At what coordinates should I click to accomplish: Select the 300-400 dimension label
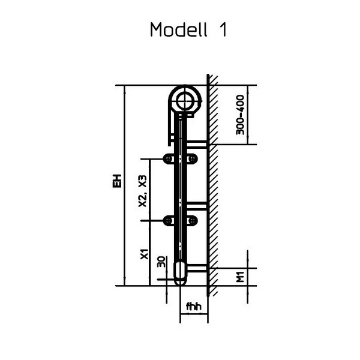click(x=239, y=114)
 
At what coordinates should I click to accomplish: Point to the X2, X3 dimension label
click(x=143, y=191)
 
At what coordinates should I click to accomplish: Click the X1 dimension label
click(x=143, y=254)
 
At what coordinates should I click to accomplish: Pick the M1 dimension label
click(x=239, y=277)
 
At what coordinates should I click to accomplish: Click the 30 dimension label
click(x=161, y=262)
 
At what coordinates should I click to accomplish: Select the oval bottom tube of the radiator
click(x=181, y=272)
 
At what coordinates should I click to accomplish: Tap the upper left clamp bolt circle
click(x=169, y=158)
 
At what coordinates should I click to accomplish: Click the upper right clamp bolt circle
click(x=193, y=158)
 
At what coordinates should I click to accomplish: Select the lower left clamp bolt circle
click(x=169, y=221)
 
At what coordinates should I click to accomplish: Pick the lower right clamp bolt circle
click(x=193, y=221)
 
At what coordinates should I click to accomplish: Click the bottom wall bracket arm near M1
click(x=198, y=268)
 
